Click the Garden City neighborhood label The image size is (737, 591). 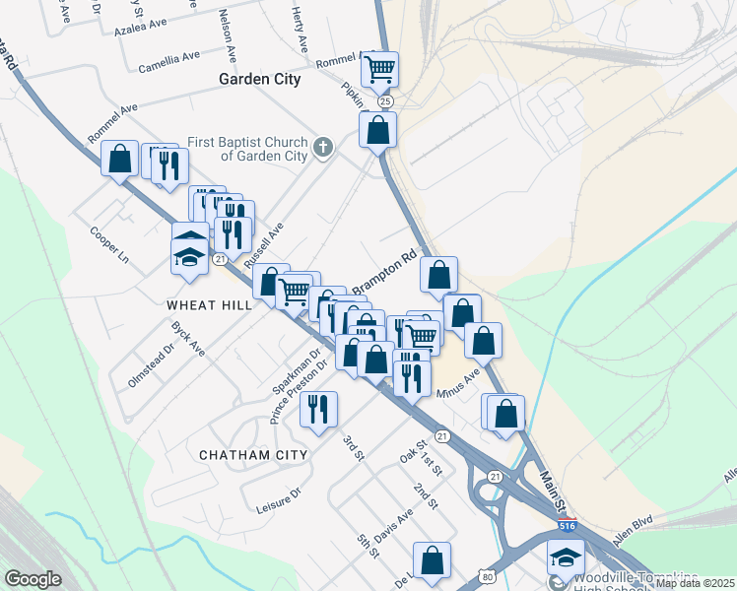pos(259,79)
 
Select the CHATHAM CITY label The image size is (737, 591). pos(253,455)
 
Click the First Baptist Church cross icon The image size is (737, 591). pos(322,149)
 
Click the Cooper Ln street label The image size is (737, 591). pos(109,245)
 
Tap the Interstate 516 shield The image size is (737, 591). pos(568,526)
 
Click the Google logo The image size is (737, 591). pos(33,579)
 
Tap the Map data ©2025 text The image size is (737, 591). pos(694,583)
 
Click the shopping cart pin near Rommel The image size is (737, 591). pos(379,70)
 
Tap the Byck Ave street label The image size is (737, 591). pos(187,338)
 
